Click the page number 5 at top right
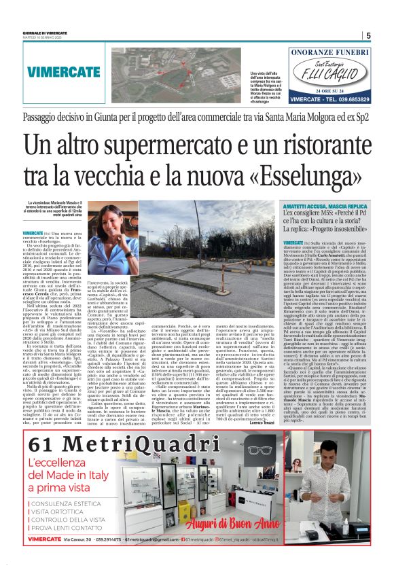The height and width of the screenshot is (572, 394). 368,36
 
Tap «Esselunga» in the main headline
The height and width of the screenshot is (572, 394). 315,175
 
